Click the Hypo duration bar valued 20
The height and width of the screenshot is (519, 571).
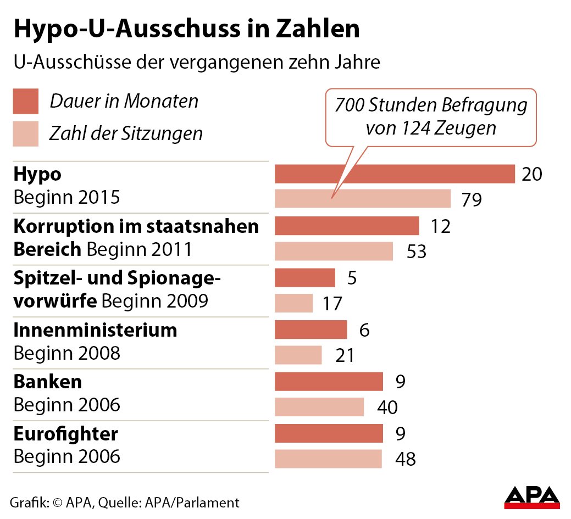click(x=394, y=174)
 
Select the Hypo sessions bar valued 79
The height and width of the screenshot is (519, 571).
click(x=363, y=198)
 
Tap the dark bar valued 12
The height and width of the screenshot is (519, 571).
click(x=346, y=226)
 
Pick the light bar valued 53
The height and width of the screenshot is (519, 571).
click(x=334, y=251)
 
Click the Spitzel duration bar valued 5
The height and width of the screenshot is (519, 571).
click(x=304, y=277)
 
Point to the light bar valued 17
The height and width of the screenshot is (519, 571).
click(x=293, y=303)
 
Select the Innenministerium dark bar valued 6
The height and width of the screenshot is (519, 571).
click(x=311, y=330)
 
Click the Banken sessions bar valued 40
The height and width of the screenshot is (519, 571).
click(x=319, y=407)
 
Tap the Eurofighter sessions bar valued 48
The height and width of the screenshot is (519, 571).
click(x=328, y=459)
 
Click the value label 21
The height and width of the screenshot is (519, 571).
click(x=345, y=356)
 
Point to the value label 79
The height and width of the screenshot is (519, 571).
click(x=472, y=199)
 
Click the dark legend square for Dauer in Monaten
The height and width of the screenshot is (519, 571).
click(x=26, y=101)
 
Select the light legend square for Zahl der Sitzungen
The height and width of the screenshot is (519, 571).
click(x=26, y=133)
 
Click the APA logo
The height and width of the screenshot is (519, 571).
click(x=531, y=497)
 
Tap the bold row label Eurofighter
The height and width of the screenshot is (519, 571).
click(x=65, y=434)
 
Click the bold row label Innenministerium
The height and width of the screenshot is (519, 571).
click(x=95, y=330)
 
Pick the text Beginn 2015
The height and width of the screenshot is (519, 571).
click(x=66, y=197)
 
